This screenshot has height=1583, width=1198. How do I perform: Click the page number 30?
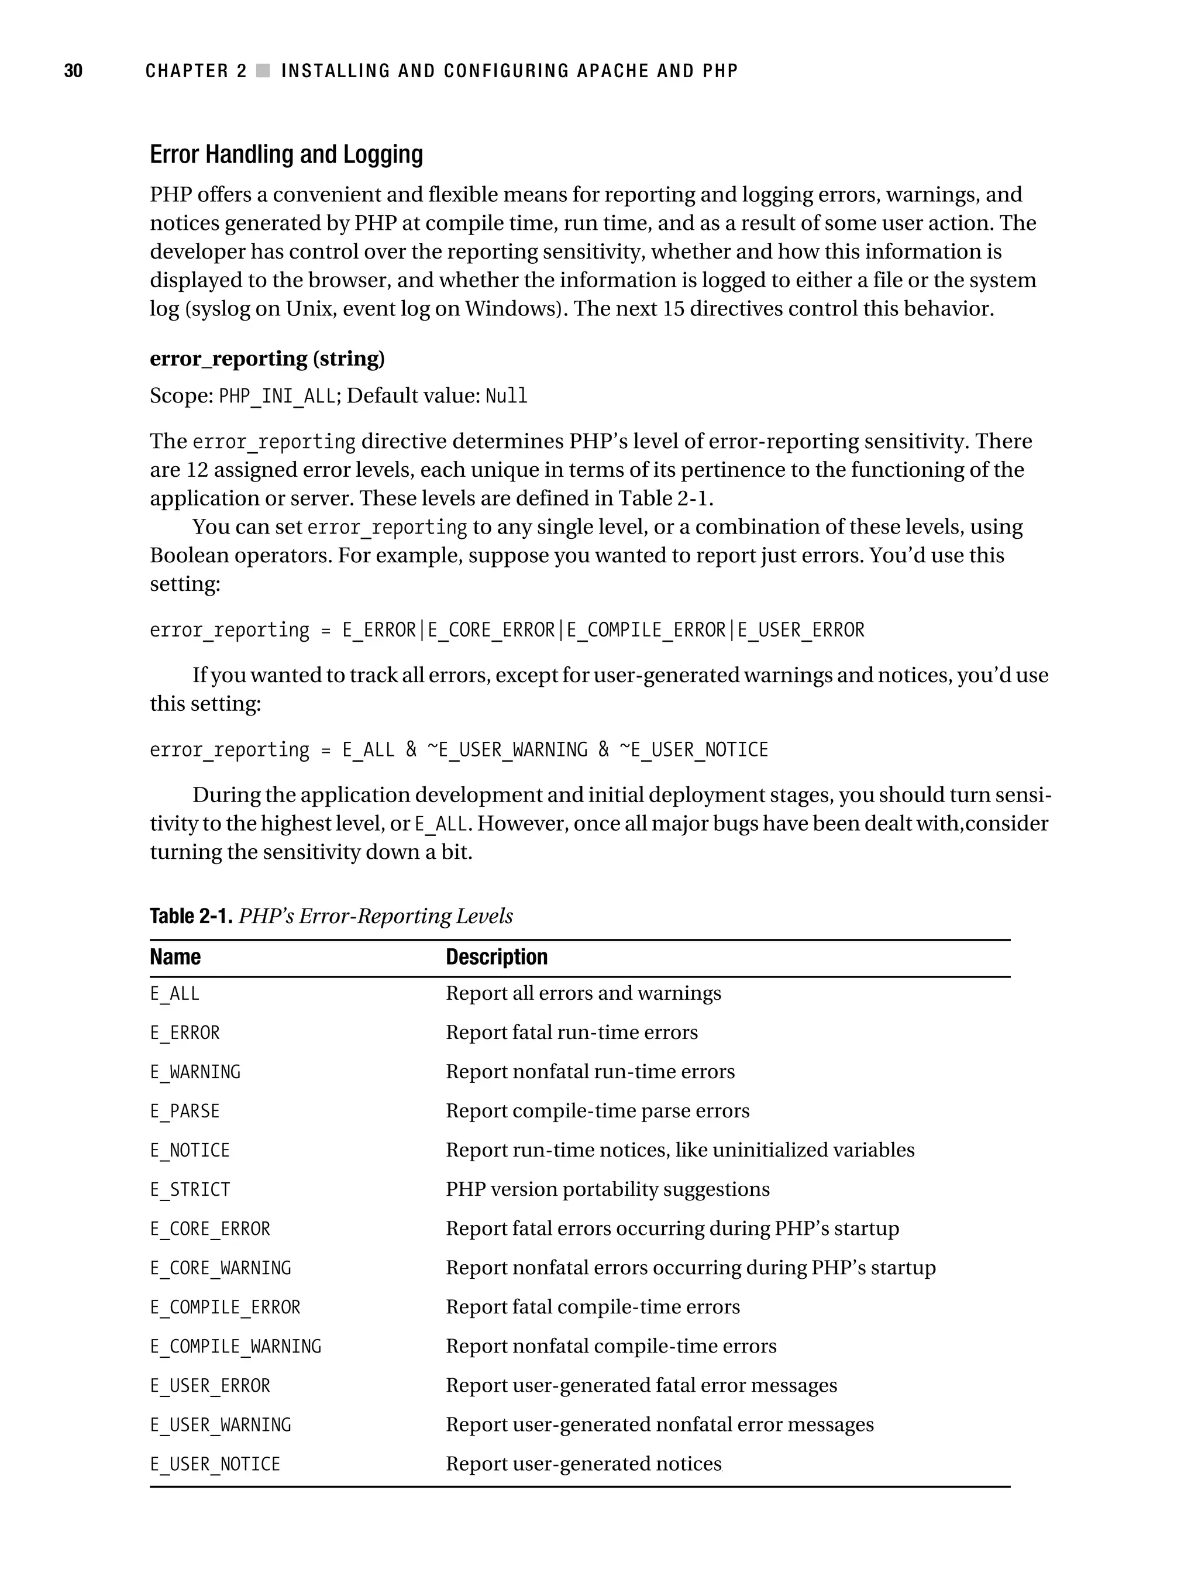pyautogui.click(x=73, y=71)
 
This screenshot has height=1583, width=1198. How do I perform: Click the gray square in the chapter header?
pyautogui.click(x=263, y=71)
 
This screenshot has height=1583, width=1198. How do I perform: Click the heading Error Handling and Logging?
pyautogui.click(x=286, y=154)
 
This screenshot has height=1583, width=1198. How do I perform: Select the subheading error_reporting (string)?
pyautogui.click(x=267, y=359)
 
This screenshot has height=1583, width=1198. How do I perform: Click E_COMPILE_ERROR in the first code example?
pyautogui.click(x=646, y=631)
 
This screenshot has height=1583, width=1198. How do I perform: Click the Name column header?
pyautogui.click(x=175, y=958)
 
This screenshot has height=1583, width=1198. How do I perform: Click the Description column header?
pyautogui.click(x=496, y=958)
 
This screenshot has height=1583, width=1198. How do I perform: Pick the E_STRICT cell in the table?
pyautogui.click(x=190, y=1190)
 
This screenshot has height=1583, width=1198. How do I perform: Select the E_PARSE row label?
pyautogui.click(x=185, y=1111)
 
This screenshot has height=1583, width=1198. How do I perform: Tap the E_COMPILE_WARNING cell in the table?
pyautogui.click(x=236, y=1347)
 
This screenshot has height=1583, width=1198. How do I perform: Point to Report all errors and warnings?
pyautogui.click(x=583, y=993)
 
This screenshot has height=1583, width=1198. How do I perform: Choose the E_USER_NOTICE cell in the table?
pyautogui.click(x=215, y=1464)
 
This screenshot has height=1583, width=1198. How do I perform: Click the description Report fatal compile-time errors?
pyautogui.click(x=592, y=1307)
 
